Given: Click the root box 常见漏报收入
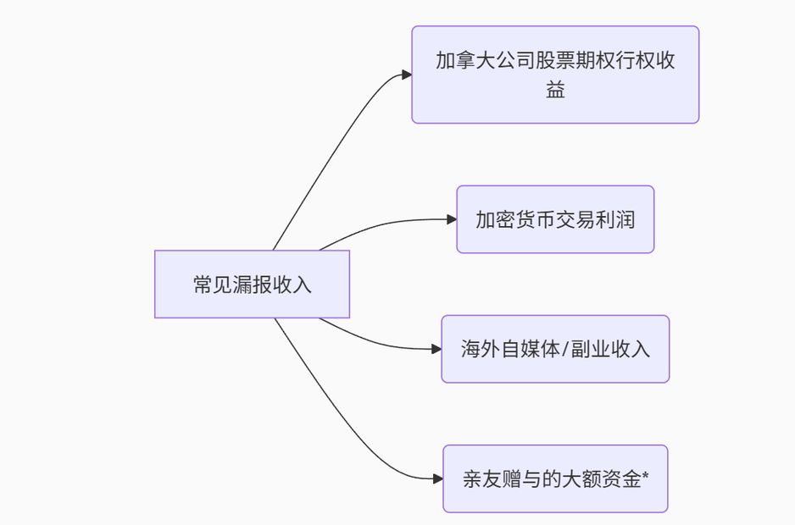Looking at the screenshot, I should (x=252, y=284).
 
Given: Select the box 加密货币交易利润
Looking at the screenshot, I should (x=555, y=219).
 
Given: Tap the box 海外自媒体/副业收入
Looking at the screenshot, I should (x=555, y=349).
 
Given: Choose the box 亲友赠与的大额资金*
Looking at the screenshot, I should (x=555, y=478).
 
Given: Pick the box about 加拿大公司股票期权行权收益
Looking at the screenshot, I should (x=555, y=75).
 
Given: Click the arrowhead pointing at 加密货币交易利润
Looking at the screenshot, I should (x=452, y=219).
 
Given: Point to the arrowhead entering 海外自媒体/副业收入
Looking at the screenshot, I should (x=436, y=349).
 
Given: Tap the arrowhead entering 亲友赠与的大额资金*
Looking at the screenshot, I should (x=438, y=478).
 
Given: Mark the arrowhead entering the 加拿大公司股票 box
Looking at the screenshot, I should (x=407, y=75).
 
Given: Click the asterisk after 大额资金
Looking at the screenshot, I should (x=646, y=477).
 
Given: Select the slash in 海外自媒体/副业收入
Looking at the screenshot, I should (x=560, y=349).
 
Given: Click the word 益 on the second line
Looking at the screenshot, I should (x=555, y=90).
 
